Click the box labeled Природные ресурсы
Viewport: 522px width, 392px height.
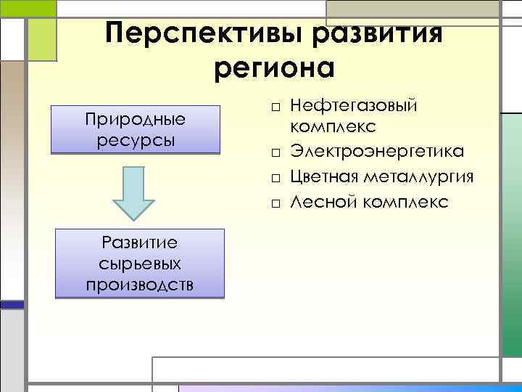(x=135, y=129)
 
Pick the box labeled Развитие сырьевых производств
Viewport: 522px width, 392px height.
(x=140, y=264)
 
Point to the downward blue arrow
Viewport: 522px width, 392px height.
(x=134, y=192)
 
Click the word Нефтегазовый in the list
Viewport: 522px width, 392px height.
(x=353, y=107)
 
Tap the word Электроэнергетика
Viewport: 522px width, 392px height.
(x=378, y=152)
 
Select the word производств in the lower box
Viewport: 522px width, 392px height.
(x=140, y=284)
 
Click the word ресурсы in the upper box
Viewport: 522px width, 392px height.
(x=135, y=139)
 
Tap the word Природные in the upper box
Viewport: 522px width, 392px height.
(x=136, y=118)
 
